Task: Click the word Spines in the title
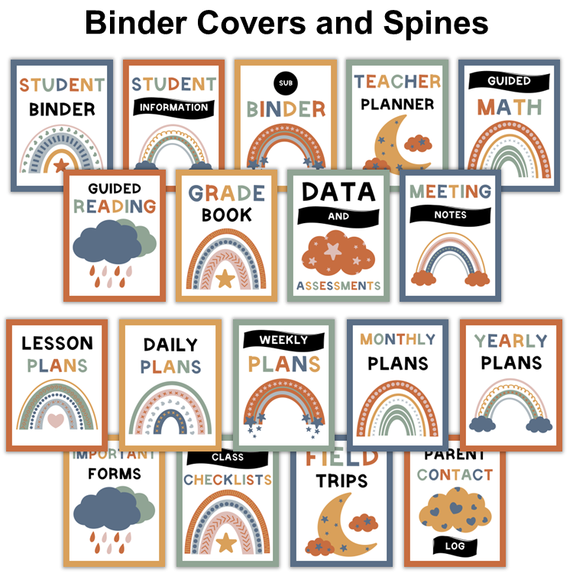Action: click(x=432, y=22)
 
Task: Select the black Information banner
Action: click(x=173, y=108)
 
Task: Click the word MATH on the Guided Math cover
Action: click(x=510, y=106)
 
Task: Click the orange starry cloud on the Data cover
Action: click(x=337, y=249)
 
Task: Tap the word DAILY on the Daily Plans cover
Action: click(x=170, y=345)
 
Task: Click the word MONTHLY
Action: click(x=397, y=339)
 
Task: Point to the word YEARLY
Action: click(x=510, y=341)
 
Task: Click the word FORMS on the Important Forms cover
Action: click(x=114, y=474)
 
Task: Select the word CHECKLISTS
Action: click(x=227, y=480)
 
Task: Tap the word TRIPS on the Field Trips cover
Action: click(x=341, y=481)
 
